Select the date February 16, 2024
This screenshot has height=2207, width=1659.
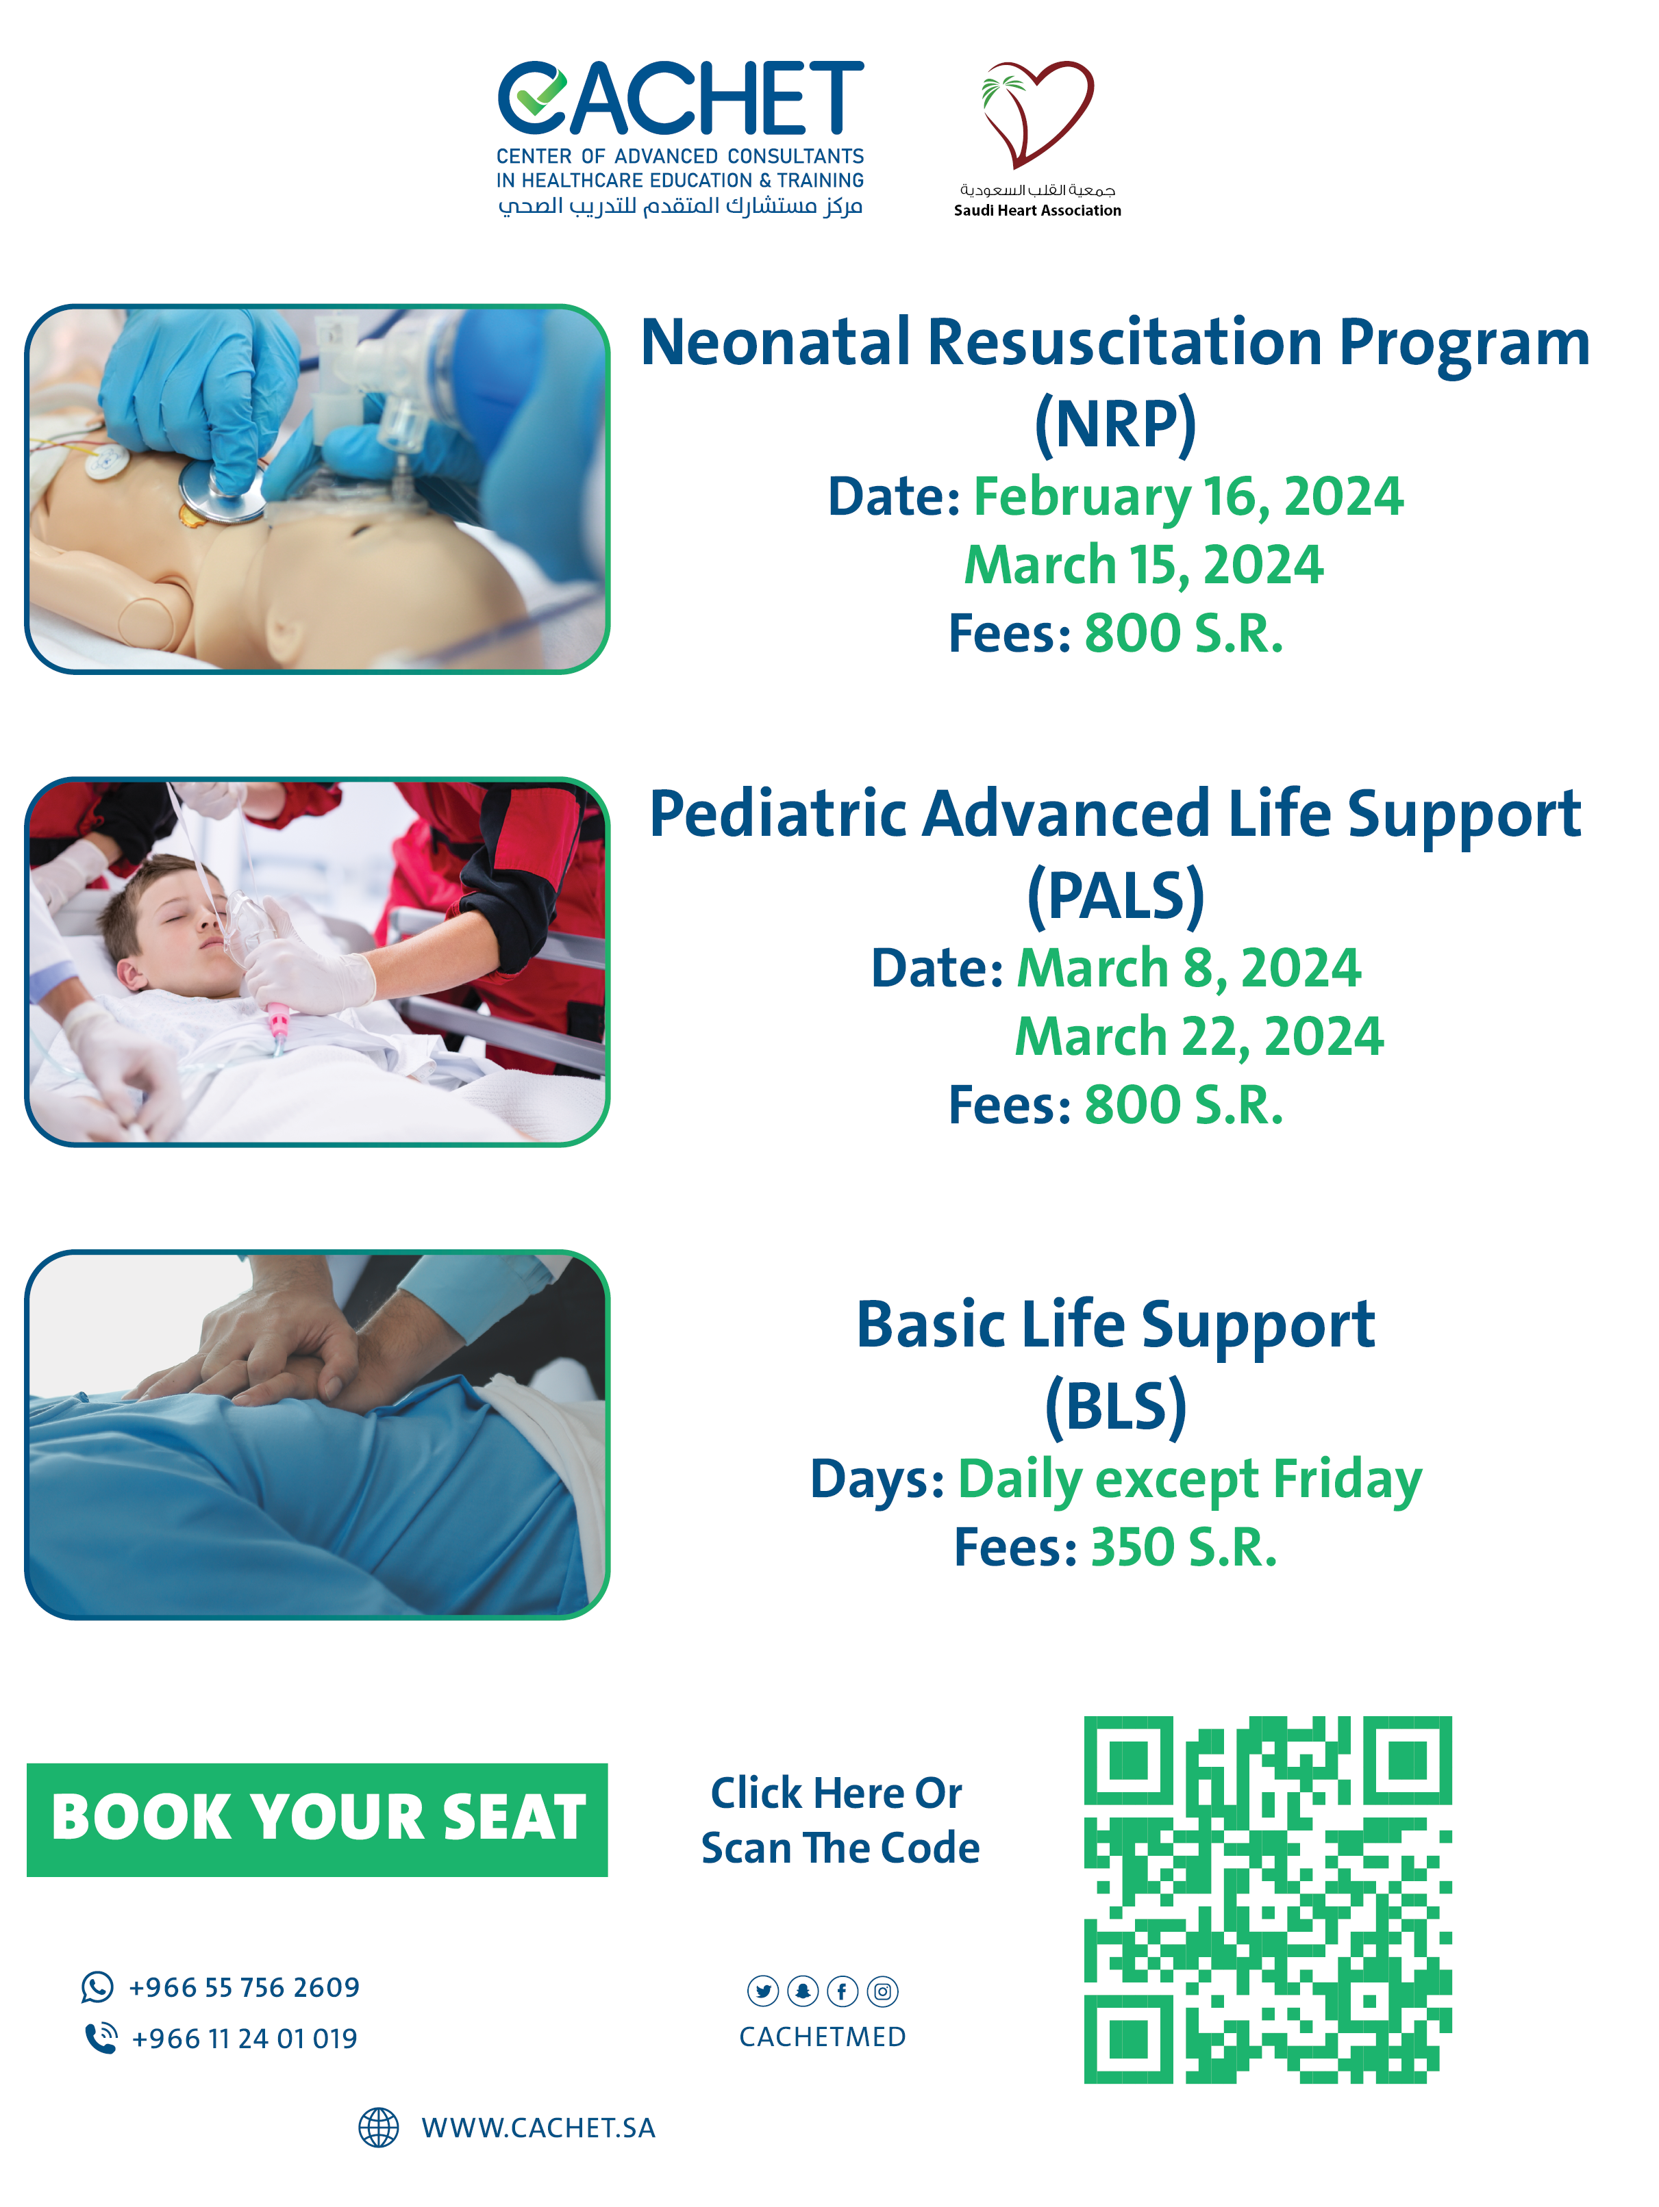pyautogui.click(x=1188, y=497)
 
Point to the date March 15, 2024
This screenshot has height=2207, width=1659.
pyautogui.click(x=1143, y=565)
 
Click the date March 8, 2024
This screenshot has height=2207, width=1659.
pyautogui.click(x=1188, y=968)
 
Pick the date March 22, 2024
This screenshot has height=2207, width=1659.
pyautogui.click(x=1199, y=1036)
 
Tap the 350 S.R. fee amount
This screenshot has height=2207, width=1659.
pyautogui.click(x=1183, y=1548)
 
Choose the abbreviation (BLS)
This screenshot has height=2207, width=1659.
pyautogui.click(x=1115, y=1407)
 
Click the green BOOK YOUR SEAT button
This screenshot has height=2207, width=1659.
pyautogui.click(x=317, y=1819)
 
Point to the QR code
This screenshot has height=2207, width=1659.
pyautogui.click(x=1268, y=1899)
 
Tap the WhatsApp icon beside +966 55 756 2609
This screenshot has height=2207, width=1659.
pyautogui.click(x=97, y=1987)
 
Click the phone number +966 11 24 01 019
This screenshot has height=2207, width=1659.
pyautogui.click(x=245, y=2039)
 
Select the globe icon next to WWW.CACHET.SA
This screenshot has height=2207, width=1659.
pyautogui.click(x=378, y=2127)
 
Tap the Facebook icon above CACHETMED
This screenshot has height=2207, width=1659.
pyautogui.click(x=843, y=1991)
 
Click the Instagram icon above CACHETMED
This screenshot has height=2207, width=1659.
pyautogui.click(x=882, y=1991)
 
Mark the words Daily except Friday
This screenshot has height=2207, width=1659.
pyautogui.click(x=1190, y=1481)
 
